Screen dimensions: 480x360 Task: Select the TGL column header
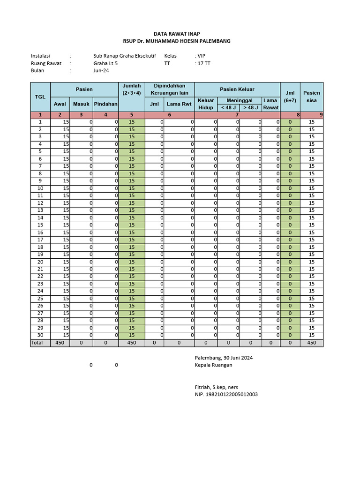click(x=40, y=97)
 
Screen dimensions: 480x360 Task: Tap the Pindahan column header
click(x=105, y=104)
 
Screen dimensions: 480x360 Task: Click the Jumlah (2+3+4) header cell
click(x=131, y=90)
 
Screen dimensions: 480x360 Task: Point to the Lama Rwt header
click(x=179, y=104)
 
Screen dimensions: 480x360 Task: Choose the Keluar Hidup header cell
click(x=206, y=104)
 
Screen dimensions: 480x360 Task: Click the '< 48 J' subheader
click(x=228, y=107)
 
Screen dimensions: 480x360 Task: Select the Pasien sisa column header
click(x=312, y=97)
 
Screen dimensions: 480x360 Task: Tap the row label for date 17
click(x=40, y=240)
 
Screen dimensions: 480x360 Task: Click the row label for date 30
click(x=40, y=335)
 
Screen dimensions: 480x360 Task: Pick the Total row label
click(x=37, y=343)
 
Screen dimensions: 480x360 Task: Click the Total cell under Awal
click(x=60, y=343)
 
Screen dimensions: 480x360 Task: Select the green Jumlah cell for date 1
click(x=131, y=122)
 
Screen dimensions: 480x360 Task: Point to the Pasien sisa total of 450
click(x=312, y=343)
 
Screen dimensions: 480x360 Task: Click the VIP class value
click(x=201, y=55)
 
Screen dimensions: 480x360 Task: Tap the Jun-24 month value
click(x=100, y=71)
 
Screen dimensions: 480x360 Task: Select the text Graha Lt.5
click(x=105, y=63)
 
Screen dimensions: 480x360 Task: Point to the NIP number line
click(x=226, y=395)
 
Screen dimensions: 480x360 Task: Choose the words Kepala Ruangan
click(x=213, y=365)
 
